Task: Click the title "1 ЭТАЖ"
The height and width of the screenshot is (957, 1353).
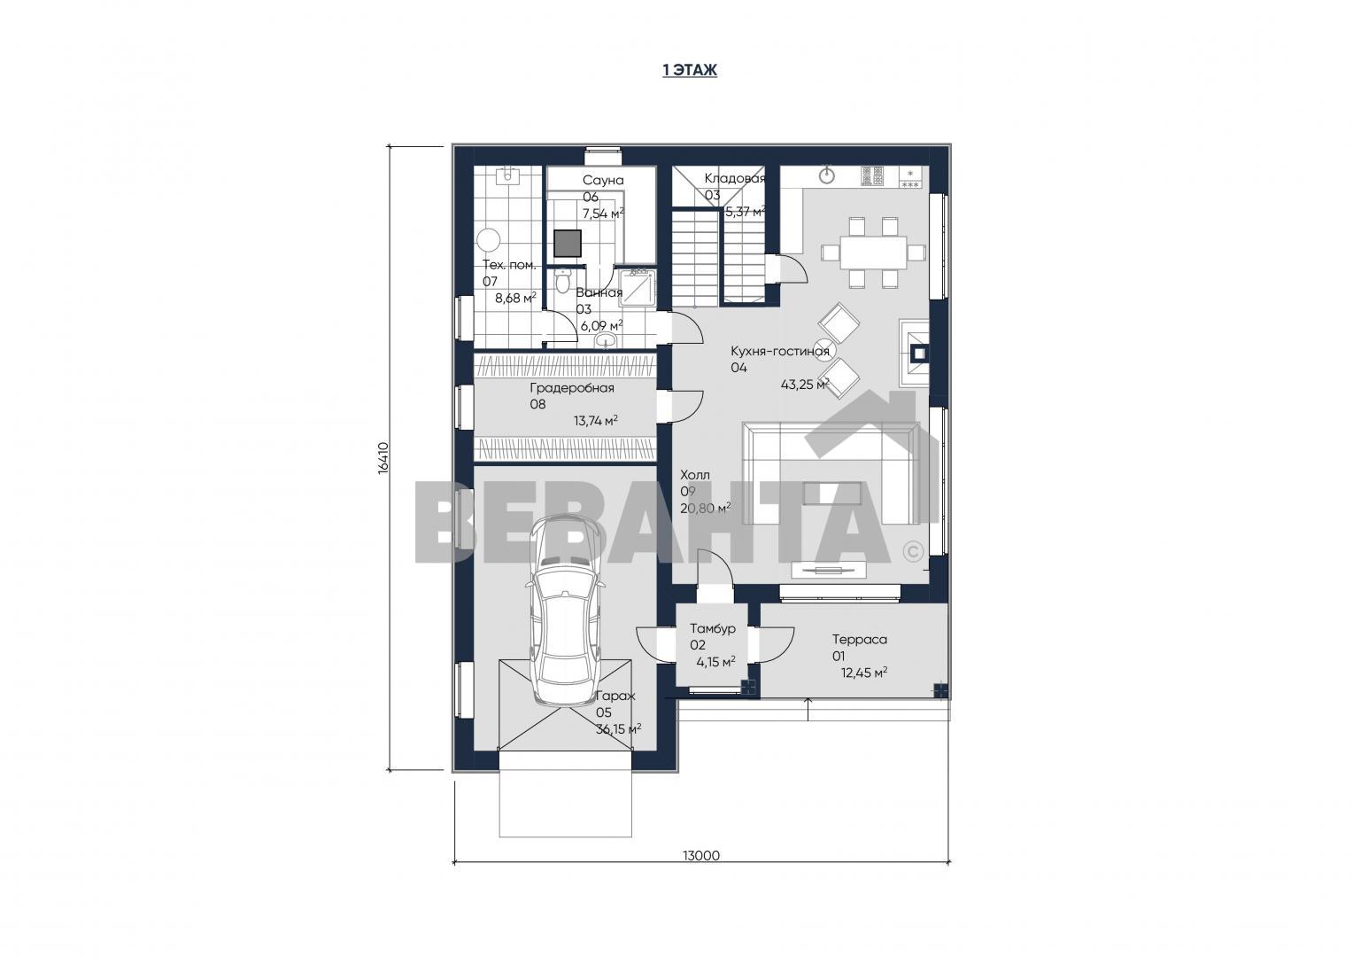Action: click(x=690, y=70)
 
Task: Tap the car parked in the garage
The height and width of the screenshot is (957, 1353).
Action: click(x=565, y=610)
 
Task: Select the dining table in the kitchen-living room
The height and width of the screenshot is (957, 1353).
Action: click(x=873, y=252)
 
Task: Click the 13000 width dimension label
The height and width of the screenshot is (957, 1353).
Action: click(x=701, y=855)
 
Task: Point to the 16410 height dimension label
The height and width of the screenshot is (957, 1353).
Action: click(x=383, y=457)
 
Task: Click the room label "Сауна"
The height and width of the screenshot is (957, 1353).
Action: click(x=603, y=180)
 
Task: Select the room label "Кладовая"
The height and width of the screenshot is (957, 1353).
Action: click(x=734, y=178)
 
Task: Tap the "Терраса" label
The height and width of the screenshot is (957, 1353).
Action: click(x=860, y=639)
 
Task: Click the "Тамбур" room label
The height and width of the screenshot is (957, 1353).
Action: click(x=713, y=629)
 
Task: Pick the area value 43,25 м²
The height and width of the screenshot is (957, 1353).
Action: click(x=805, y=384)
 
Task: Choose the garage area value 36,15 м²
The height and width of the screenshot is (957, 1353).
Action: click(x=619, y=729)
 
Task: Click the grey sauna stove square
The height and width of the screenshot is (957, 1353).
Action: click(x=568, y=244)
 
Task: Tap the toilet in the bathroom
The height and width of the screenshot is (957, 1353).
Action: click(x=562, y=281)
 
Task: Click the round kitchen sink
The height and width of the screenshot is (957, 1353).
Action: click(x=827, y=176)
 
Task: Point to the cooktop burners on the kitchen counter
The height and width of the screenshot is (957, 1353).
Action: click(x=872, y=176)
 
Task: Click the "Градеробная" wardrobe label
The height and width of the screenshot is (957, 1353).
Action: click(x=572, y=388)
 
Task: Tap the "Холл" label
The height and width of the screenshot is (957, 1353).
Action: click(x=695, y=475)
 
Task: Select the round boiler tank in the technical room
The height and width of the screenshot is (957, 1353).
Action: click(x=488, y=240)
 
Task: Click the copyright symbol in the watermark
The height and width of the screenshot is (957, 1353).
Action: click(x=913, y=551)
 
